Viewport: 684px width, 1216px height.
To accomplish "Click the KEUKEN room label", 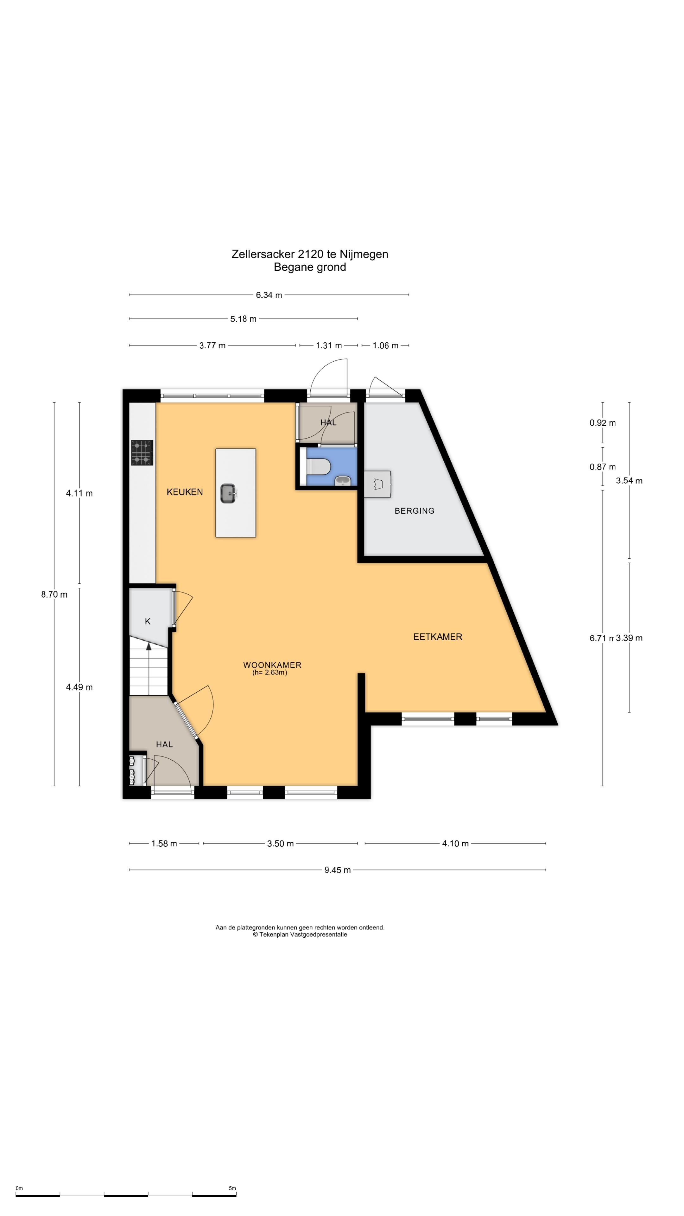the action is click(185, 492).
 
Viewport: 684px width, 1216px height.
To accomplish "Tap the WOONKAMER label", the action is click(272, 665).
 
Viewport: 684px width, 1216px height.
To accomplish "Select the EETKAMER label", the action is click(438, 637).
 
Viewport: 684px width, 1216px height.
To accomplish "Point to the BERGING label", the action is click(415, 511).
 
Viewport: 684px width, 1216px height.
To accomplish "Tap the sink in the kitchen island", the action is click(228, 493).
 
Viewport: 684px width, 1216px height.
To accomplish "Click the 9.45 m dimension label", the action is click(338, 870).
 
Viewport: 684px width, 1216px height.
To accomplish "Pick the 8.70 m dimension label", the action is click(54, 595).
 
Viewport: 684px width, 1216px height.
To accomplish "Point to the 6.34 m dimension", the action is click(269, 295).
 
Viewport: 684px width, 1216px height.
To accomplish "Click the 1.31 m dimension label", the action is click(329, 345).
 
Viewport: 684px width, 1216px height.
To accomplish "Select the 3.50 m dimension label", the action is click(280, 844).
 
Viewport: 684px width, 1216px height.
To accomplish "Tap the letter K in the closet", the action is click(148, 622).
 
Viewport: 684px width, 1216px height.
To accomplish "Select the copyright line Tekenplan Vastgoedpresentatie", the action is click(300, 934).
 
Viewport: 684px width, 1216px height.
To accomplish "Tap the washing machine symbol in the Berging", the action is click(377, 484).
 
